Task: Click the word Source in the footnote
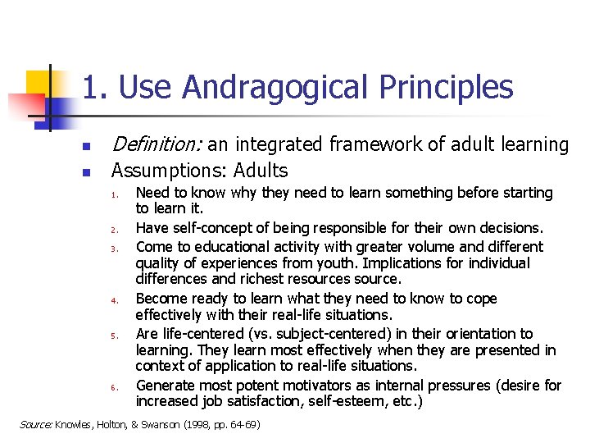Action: (x=36, y=424)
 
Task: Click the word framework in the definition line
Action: (x=374, y=145)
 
